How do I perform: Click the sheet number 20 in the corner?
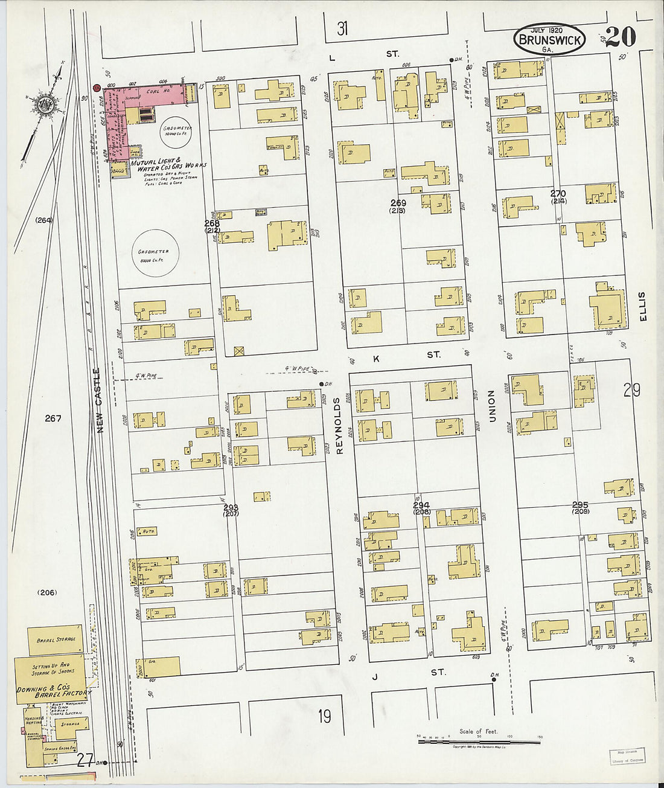click(x=621, y=37)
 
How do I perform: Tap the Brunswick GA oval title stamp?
click(x=549, y=40)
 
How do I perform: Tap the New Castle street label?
click(x=100, y=400)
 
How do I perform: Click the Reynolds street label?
click(x=339, y=417)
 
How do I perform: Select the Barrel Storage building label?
click(x=56, y=640)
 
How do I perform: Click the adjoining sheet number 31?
click(x=342, y=28)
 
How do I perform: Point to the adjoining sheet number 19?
click(x=325, y=716)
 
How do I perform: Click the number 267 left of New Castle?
click(x=53, y=418)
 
